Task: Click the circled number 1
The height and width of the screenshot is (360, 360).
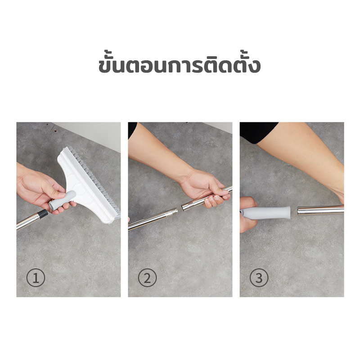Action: click(36, 278)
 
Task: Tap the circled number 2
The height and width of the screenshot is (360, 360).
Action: click(147, 278)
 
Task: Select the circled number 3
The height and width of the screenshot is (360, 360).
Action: click(259, 278)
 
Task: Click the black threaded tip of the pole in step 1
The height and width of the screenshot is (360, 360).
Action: click(43, 214)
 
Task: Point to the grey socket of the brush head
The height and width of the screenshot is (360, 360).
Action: click(62, 200)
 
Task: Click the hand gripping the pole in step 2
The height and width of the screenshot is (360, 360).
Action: click(204, 188)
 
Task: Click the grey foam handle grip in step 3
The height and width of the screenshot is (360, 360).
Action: click(266, 212)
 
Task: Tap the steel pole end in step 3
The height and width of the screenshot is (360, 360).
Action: click(320, 210)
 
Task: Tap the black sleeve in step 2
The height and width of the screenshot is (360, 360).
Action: click(132, 130)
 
